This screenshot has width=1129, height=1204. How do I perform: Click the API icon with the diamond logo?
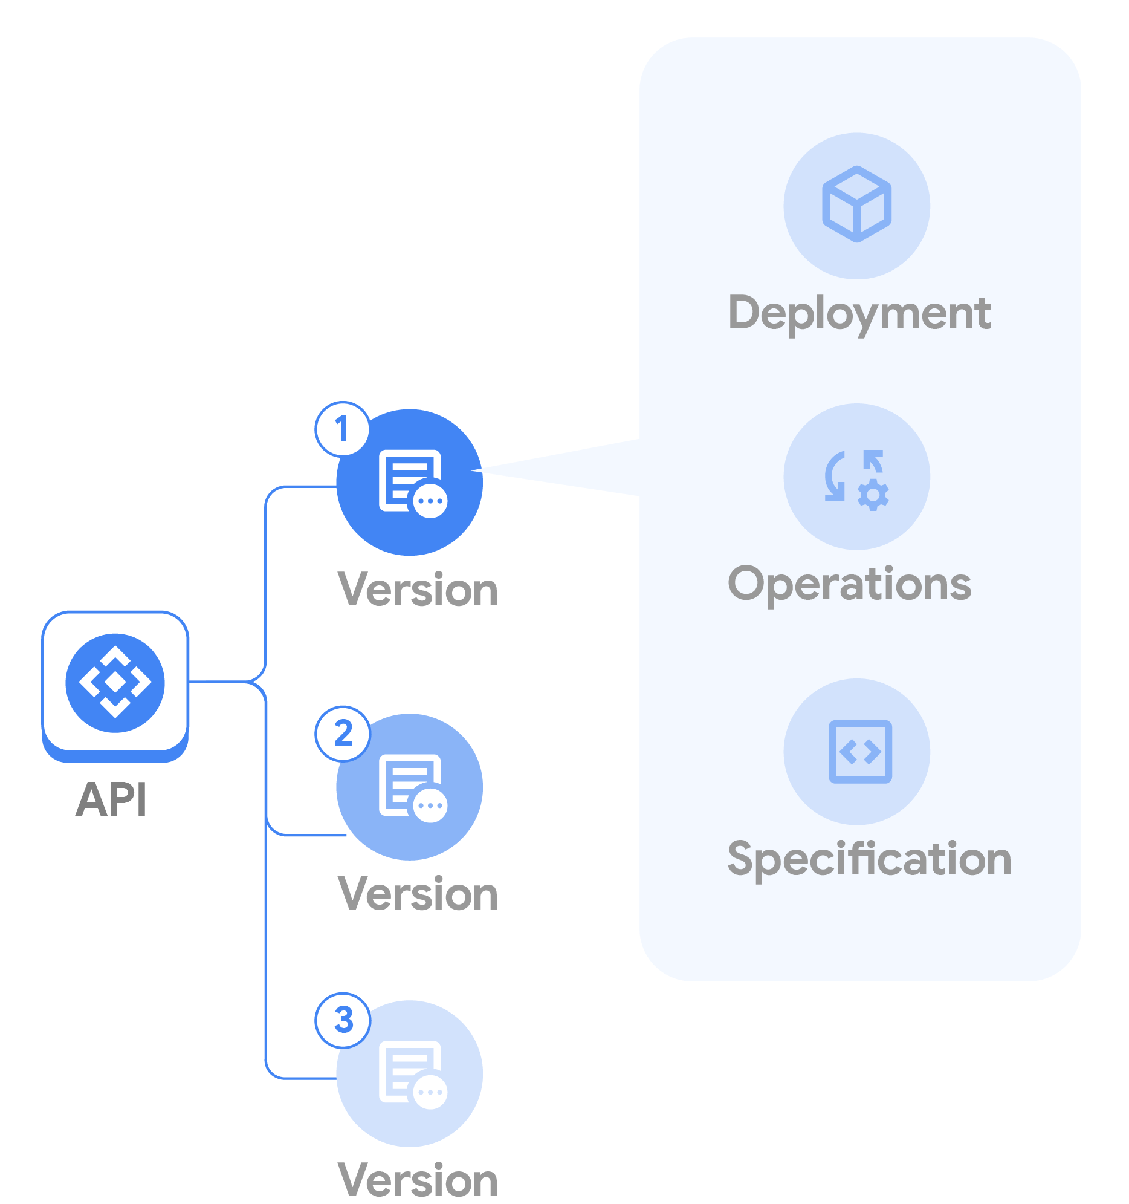point(115,683)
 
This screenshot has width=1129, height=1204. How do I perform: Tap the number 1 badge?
point(342,429)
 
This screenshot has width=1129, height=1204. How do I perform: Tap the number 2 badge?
point(343,733)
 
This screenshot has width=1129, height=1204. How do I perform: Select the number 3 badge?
point(343,1020)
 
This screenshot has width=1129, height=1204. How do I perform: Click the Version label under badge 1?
point(418,589)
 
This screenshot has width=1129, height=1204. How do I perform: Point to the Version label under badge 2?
point(418,893)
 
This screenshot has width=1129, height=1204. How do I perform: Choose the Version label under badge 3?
point(418,1180)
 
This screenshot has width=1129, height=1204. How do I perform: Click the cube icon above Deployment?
point(856,204)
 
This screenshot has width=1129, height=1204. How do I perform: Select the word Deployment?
point(859,313)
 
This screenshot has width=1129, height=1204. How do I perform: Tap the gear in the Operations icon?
point(873,495)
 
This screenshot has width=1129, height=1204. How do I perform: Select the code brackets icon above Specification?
point(859,752)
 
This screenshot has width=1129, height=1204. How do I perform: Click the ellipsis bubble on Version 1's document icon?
point(430,501)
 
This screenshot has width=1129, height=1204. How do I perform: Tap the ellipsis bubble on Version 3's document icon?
point(430,1092)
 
